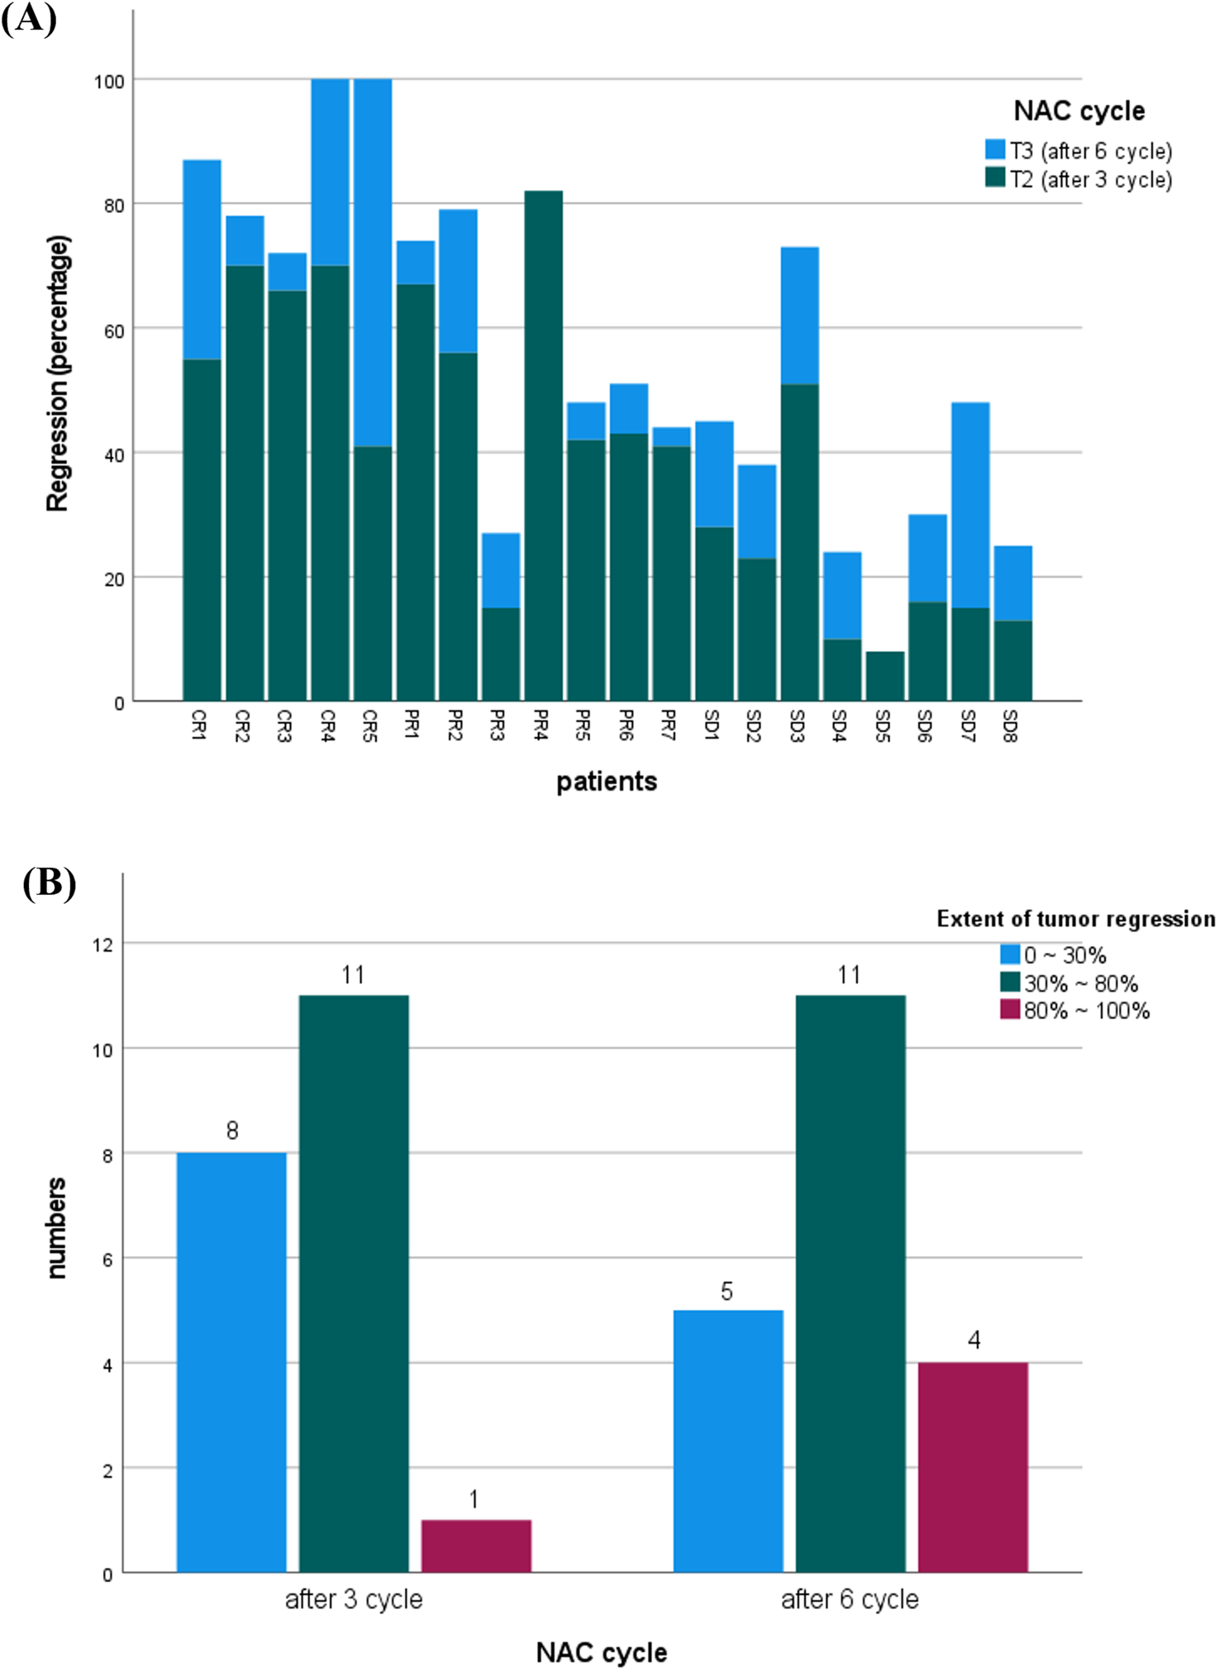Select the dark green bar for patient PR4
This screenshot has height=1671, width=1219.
point(543,446)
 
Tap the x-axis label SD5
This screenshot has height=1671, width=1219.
point(883,726)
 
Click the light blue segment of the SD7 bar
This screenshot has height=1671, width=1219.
point(970,504)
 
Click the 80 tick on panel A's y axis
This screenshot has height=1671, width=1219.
point(114,206)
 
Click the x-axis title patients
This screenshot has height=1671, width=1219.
point(606,781)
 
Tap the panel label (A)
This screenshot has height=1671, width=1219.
point(29,18)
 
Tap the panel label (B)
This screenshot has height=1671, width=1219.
point(49,883)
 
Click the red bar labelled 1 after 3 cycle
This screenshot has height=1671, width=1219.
point(476,1545)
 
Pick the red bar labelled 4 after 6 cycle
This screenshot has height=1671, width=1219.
point(973,1467)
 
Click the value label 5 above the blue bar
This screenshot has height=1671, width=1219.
point(726,1291)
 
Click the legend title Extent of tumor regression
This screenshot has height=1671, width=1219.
point(1075,919)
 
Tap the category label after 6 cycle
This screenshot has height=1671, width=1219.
point(850,1599)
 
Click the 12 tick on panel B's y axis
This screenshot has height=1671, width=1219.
point(102,945)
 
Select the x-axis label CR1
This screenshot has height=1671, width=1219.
point(198,725)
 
